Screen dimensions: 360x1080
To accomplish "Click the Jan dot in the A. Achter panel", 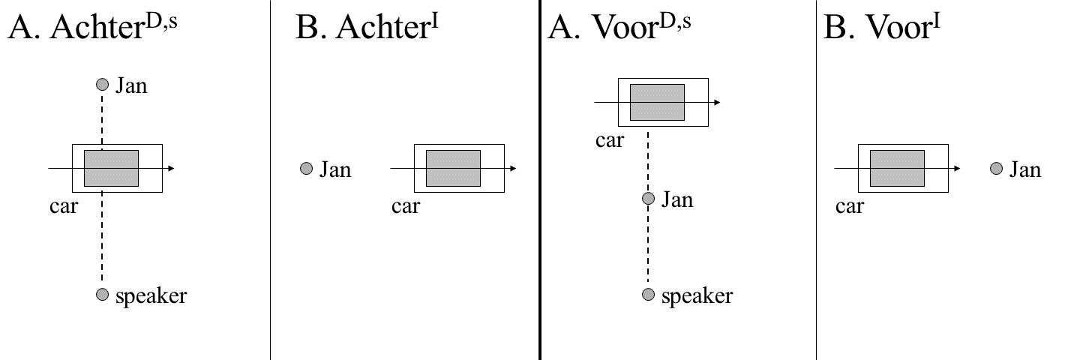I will pos(103,85).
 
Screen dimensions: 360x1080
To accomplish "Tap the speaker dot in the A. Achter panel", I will pos(103,294).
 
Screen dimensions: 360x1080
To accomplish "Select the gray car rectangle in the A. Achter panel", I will pos(111,168).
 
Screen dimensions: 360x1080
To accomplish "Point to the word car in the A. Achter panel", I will pos(64,206).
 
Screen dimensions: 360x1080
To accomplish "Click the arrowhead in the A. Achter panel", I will pos(171,168).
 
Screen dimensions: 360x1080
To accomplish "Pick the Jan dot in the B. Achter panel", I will pos(306,169).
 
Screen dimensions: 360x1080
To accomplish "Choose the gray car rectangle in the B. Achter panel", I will pos(453,168).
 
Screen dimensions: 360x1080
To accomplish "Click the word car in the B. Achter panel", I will pos(406,206).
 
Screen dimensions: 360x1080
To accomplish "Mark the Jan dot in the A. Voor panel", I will pos(649,199).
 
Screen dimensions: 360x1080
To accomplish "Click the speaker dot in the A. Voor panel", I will pos(649,294).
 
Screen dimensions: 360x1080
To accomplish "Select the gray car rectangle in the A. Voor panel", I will pos(657,102).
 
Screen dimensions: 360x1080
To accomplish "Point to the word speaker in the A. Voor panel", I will pos(697,295).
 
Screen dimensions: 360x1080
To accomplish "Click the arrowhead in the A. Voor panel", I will pos(718,102).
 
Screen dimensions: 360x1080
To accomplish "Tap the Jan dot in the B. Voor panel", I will pos(995,169).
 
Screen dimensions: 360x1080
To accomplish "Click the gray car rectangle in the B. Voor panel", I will pos(897,168).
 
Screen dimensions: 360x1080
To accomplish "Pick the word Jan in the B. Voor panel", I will pos(1024,169).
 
